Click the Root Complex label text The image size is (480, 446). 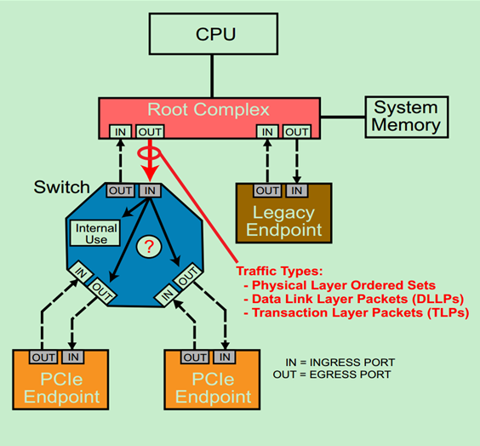209,110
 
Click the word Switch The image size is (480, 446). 61,186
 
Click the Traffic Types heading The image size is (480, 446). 280,271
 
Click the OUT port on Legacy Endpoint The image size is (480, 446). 267,191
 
